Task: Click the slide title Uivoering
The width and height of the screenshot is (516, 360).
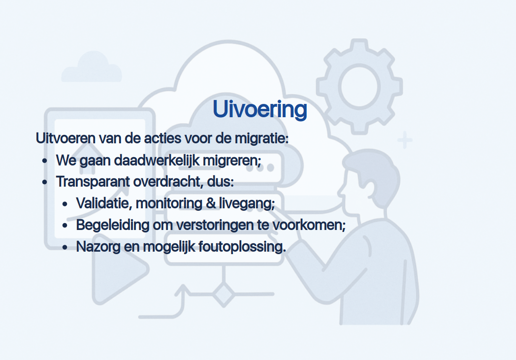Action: pyautogui.click(x=260, y=110)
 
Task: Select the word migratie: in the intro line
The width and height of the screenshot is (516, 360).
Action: pyautogui.click(x=261, y=139)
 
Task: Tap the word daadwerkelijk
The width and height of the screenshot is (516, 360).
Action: pyautogui.click(x=157, y=161)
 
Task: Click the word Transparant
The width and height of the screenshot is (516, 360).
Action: pyautogui.click(x=93, y=182)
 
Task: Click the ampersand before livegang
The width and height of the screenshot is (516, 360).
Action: pyautogui.click(x=211, y=203)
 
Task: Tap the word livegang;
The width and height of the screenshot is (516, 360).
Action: pyautogui.click(x=247, y=204)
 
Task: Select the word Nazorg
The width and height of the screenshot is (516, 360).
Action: pyautogui.click(x=98, y=247)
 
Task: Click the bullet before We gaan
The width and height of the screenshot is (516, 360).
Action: pyautogui.click(x=45, y=161)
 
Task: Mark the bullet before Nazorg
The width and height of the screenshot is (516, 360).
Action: pyautogui.click(x=65, y=247)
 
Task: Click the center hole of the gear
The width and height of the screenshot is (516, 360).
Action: pyautogui.click(x=359, y=86)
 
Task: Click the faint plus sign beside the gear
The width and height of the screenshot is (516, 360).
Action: pyautogui.click(x=405, y=140)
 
